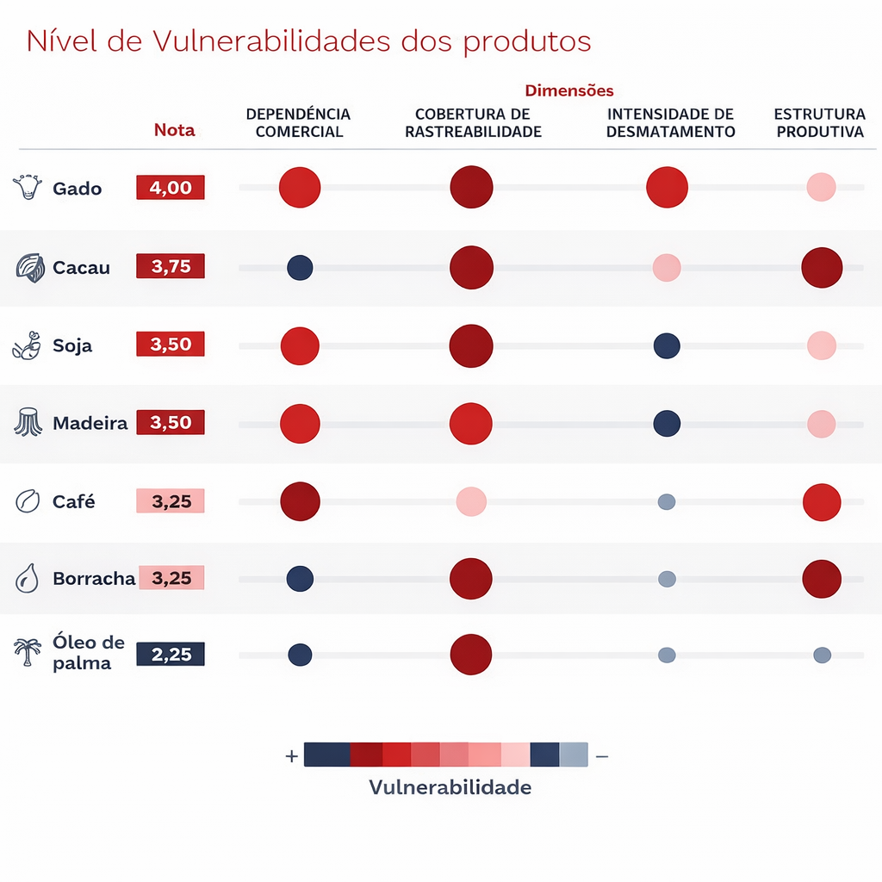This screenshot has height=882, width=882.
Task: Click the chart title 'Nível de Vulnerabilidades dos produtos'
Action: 308,41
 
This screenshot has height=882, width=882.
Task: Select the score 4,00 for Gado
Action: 171,188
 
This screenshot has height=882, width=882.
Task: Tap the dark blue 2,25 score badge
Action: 171,655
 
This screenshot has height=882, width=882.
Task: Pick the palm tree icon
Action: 28,652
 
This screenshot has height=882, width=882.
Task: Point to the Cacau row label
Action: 81,267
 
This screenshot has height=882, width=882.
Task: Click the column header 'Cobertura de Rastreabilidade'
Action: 473,123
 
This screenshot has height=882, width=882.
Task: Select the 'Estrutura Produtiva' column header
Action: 819,123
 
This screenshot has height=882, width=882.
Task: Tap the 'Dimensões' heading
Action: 568,90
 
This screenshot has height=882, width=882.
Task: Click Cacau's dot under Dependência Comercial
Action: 300,267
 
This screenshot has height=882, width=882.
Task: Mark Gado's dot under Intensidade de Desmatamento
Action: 667,188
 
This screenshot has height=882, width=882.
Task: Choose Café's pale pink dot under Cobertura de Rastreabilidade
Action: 471,501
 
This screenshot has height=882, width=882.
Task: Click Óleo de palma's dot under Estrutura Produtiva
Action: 822,655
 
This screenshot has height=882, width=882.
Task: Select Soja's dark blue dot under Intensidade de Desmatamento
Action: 667,345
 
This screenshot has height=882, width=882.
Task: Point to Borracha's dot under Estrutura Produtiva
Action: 822,579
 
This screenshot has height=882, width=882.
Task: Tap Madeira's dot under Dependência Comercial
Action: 300,424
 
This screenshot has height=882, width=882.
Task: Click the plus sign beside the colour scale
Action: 291,756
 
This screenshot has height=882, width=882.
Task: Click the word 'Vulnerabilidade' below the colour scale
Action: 450,787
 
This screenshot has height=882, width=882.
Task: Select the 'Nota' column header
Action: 175,130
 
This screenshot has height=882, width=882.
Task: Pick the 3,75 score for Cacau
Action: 171,267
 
